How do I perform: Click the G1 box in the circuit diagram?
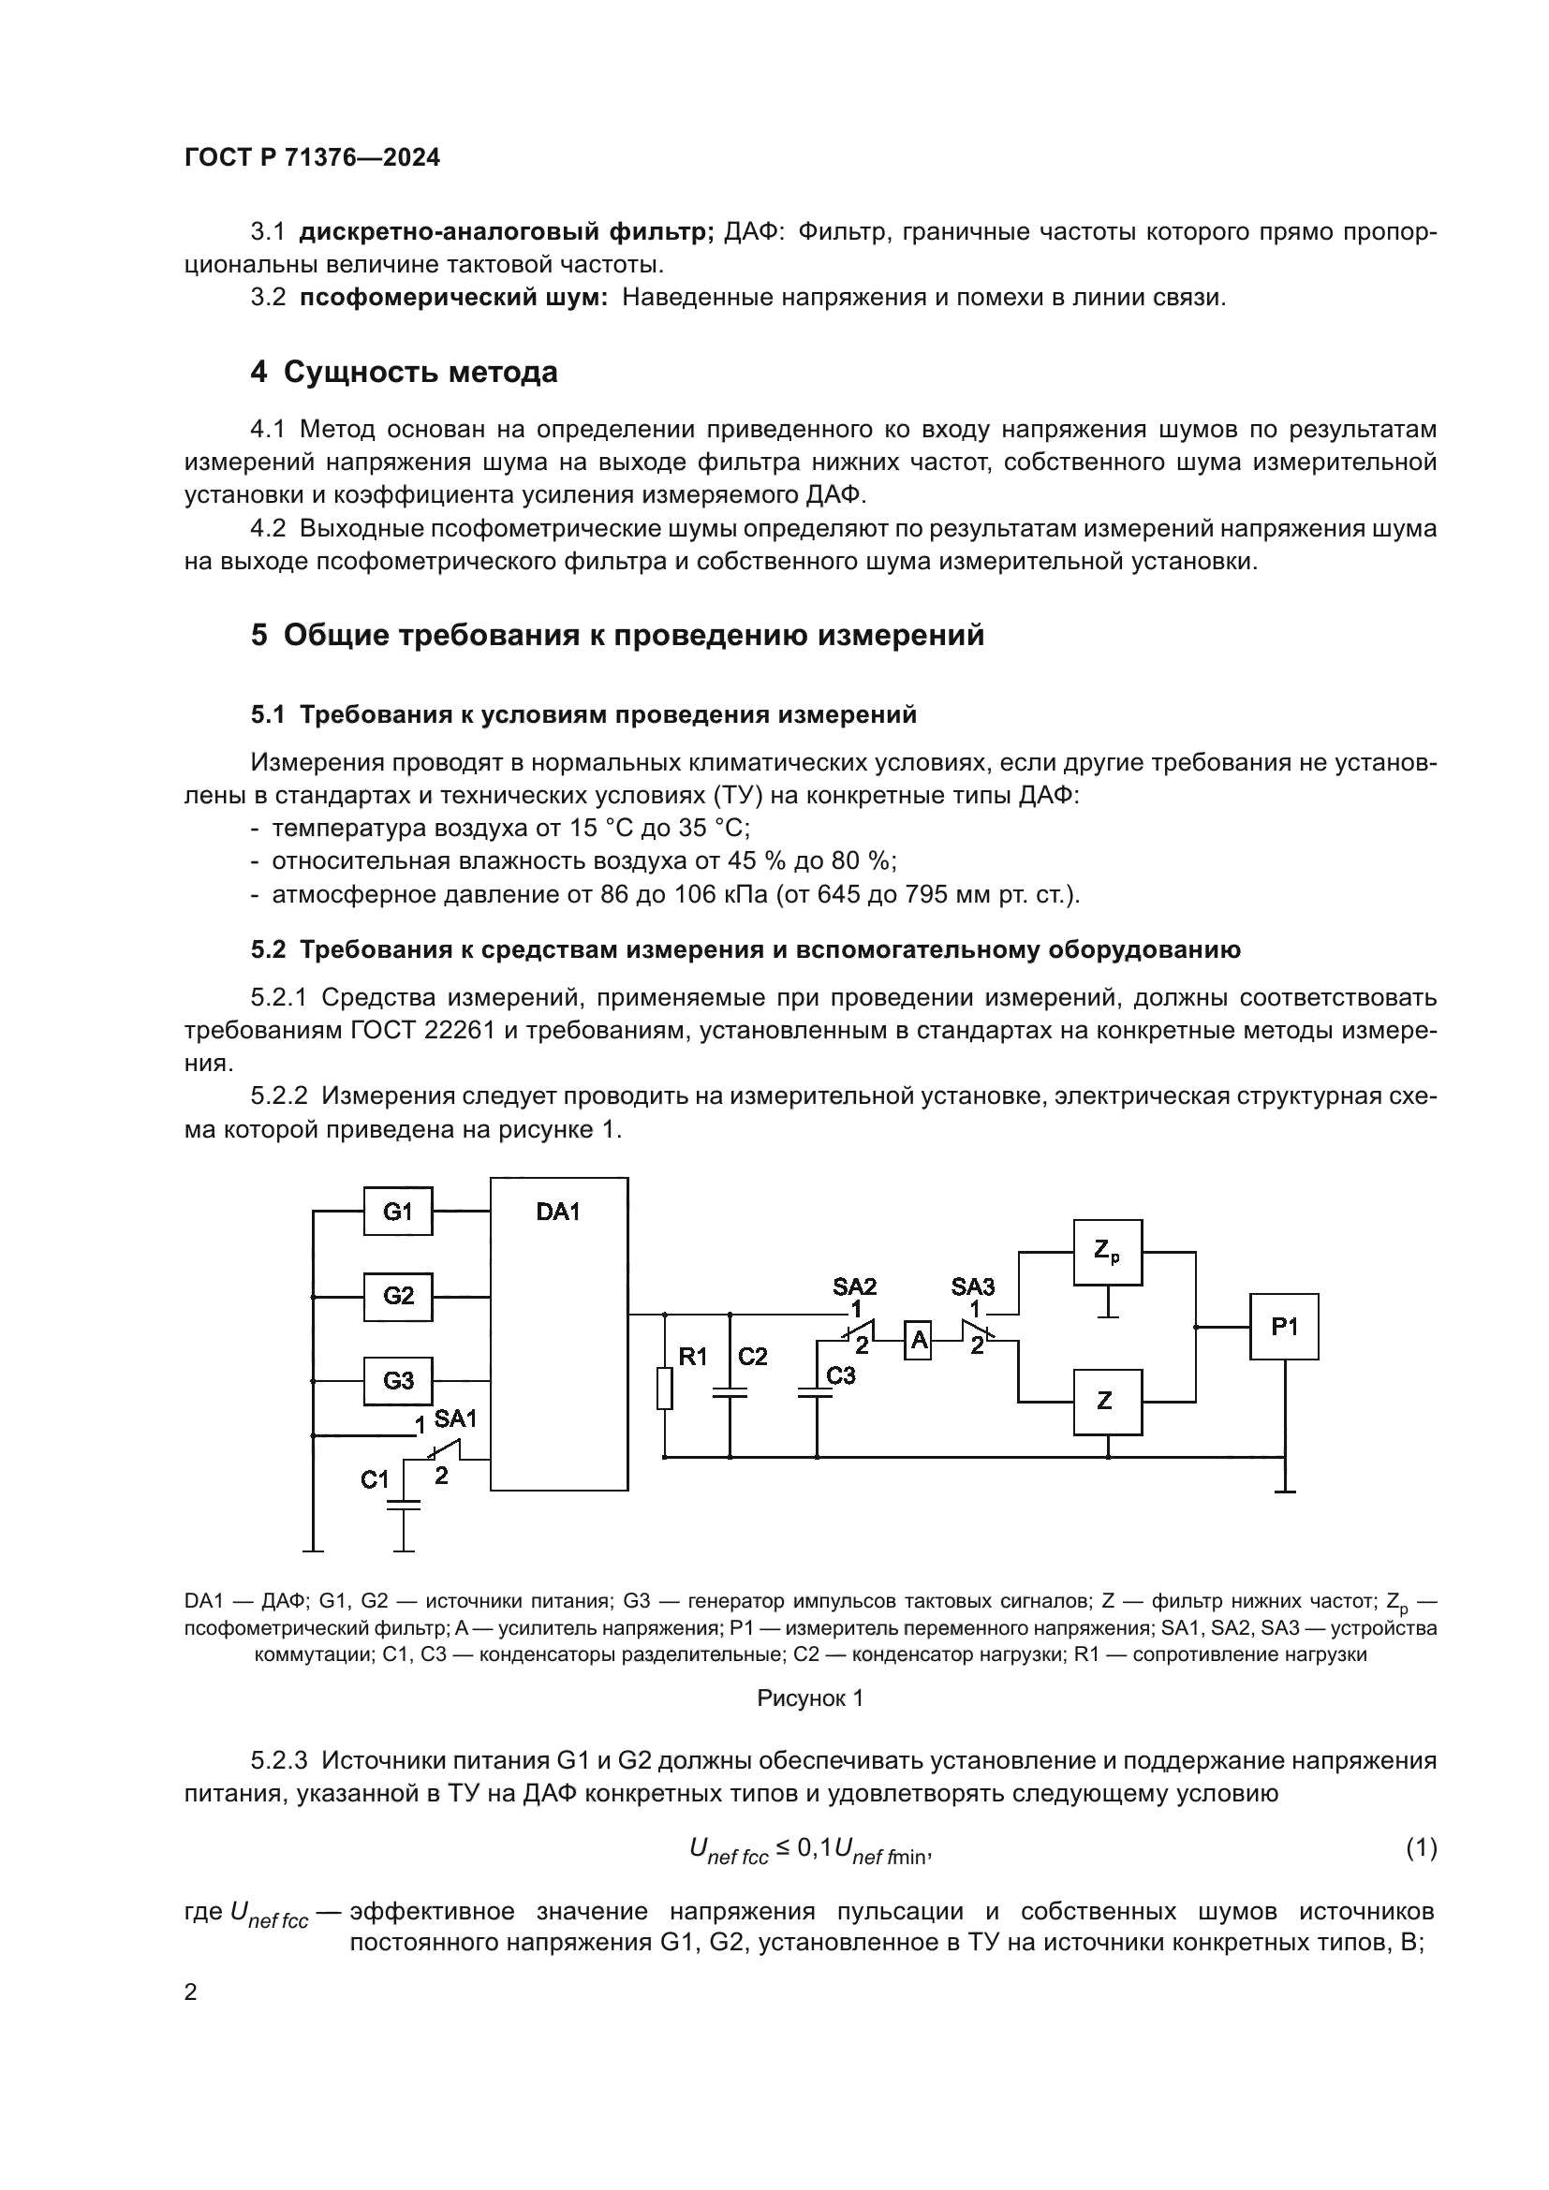coord(398,1212)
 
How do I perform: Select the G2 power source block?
coord(398,1296)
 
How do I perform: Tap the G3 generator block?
coord(398,1380)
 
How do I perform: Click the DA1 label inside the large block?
coord(558,1213)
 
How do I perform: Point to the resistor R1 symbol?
coord(665,1388)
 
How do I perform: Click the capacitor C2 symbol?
coord(730,1393)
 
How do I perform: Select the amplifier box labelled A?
coord(918,1341)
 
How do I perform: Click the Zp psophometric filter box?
coord(1107,1253)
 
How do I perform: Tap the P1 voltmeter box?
coord(1284,1327)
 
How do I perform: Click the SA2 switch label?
coord(855,1286)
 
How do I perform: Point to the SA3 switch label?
coord(973,1286)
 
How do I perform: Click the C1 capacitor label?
coord(375,1479)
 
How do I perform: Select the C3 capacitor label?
coord(840,1375)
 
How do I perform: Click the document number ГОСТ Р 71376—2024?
coord(312,158)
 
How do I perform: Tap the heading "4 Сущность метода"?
coord(404,372)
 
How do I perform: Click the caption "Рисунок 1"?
coord(810,1698)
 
